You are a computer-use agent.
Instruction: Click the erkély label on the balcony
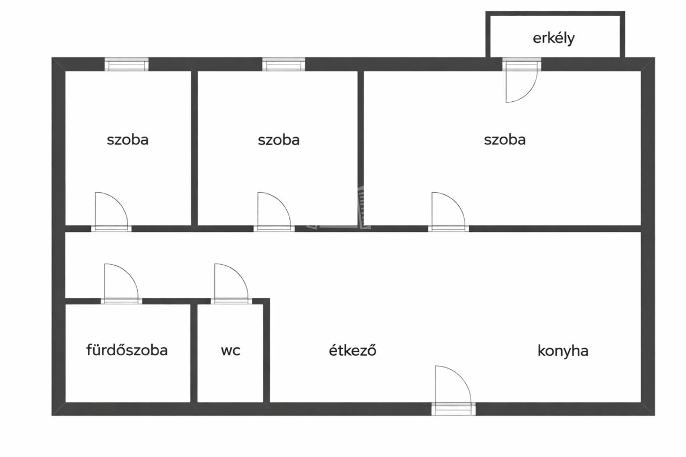(554, 39)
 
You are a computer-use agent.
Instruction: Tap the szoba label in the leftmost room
(128, 140)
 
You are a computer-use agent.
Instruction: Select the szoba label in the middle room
(279, 140)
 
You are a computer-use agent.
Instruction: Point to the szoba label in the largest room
(504, 140)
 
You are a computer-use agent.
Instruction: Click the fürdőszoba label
(127, 350)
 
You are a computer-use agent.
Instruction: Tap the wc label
(230, 350)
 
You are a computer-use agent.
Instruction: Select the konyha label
(563, 351)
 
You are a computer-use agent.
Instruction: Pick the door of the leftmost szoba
(111, 211)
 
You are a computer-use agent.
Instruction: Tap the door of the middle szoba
(273, 211)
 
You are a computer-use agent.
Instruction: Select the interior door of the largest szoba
(448, 211)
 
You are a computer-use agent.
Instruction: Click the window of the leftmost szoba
(126, 65)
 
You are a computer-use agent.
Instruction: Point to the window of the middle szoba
(284, 65)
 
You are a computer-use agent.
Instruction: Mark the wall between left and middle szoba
(195, 147)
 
